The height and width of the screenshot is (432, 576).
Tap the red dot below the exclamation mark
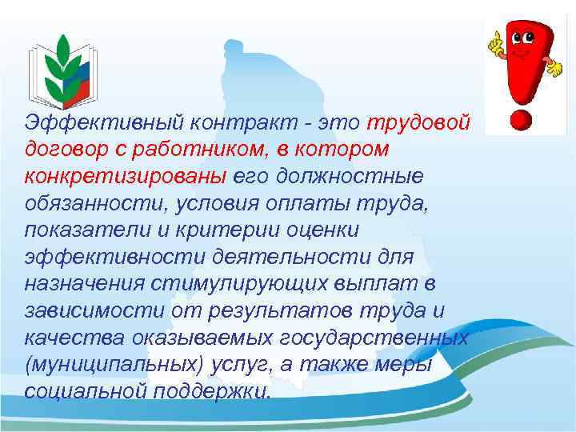[x=521, y=120]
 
